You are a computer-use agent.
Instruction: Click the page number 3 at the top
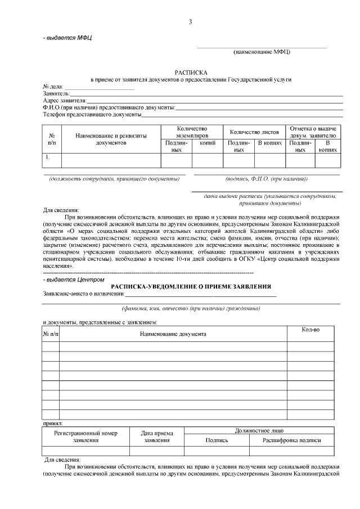pyautogui.click(x=190, y=22)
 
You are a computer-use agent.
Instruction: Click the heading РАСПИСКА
pyautogui.click(x=191, y=73)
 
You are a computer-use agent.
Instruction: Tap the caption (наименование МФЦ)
pyautogui.click(x=262, y=52)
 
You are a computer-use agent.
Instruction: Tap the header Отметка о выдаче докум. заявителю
pyautogui.click(x=313, y=132)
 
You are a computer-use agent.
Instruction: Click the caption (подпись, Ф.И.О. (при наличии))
pyautogui.click(x=267, y=179)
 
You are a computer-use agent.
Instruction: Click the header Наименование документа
pyautogui.click(x=173, y=334)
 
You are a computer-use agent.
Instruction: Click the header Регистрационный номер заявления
pyautogui.click(x=85, y=437)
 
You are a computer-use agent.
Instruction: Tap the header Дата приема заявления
pyautogui.click(x=157, y=437)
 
